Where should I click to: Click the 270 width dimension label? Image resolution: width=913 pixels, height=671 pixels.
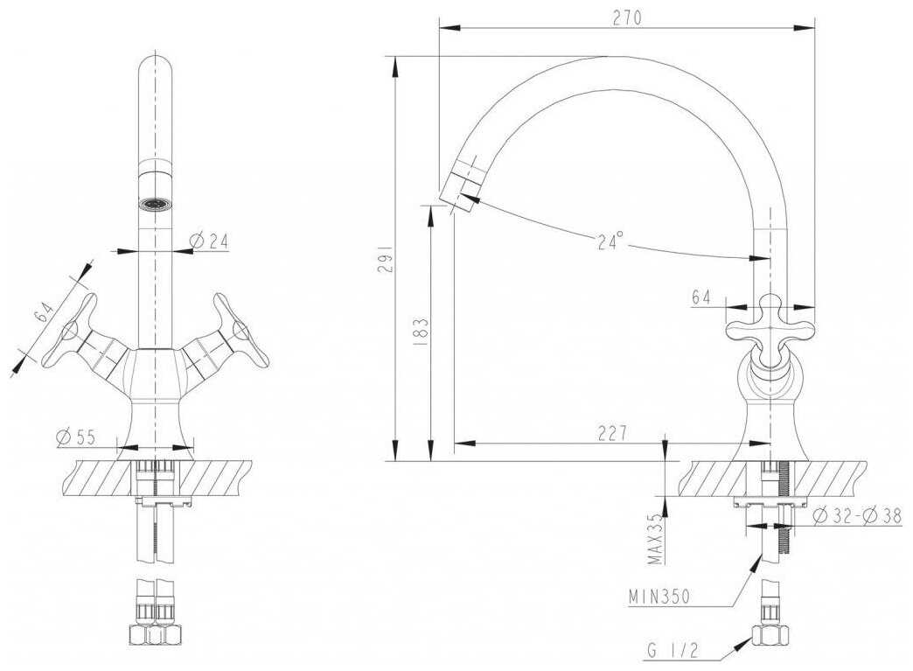point(626,18)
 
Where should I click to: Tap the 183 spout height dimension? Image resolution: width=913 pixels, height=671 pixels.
point(422,332)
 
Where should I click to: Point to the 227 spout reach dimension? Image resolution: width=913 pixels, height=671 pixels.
point(612,433)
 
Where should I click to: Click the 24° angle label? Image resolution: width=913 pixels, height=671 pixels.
point(610,240)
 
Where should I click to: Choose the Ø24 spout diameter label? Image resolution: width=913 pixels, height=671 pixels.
point(209,241)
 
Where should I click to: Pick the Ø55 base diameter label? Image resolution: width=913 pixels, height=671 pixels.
point(76,437)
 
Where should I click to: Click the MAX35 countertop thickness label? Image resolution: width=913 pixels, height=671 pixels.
point(656,539)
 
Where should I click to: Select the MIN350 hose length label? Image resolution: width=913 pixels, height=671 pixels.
point(659,597)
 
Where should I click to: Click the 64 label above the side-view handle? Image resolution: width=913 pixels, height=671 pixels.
point(701,297)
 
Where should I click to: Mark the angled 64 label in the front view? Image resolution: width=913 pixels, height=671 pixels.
point(45,314)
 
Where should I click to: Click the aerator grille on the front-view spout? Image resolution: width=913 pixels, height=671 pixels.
point(156,205)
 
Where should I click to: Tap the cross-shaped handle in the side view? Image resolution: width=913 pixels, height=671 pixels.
point(770,331)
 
